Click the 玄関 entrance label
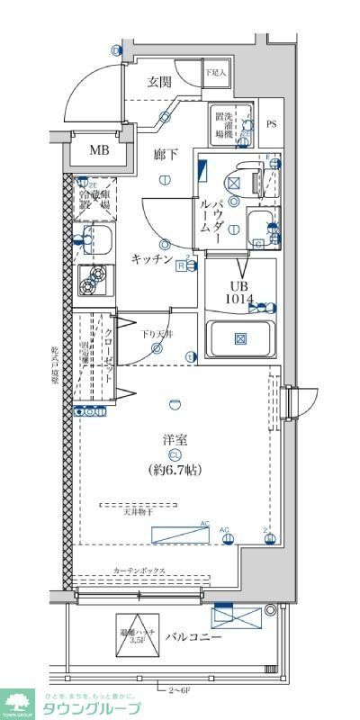click(159, 82)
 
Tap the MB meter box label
click(98, 150)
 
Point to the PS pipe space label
click(271, 124)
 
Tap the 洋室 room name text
click(175, 440)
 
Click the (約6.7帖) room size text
click(175, 469)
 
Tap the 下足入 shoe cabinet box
click(216, 73)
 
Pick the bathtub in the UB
click(240, 339)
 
